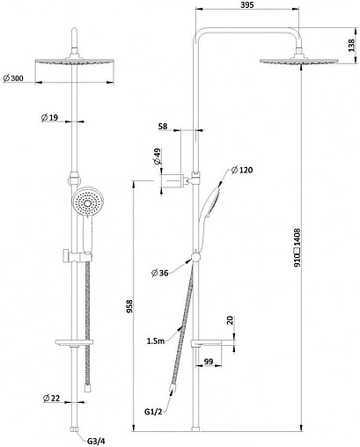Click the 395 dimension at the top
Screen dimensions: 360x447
coord(246,5)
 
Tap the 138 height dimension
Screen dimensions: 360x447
coord(351,45)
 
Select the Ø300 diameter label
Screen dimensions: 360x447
coord(13,78)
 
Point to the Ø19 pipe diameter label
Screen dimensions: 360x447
coord(49,118)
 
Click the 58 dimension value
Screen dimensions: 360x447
coord(163,126)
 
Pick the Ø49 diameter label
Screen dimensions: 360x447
coord(158,157)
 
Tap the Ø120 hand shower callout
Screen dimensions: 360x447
coord(241,170)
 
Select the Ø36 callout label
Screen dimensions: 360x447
coord(159,273)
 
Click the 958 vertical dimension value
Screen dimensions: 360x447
coord(129,306)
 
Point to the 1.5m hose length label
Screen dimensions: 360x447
coord(156,341)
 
